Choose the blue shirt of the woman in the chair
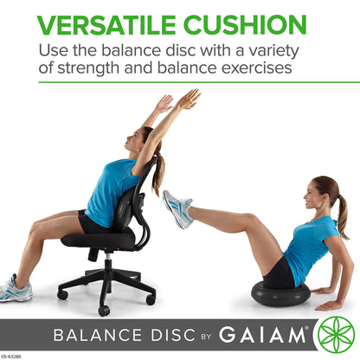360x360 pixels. click(x=112, y=190)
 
